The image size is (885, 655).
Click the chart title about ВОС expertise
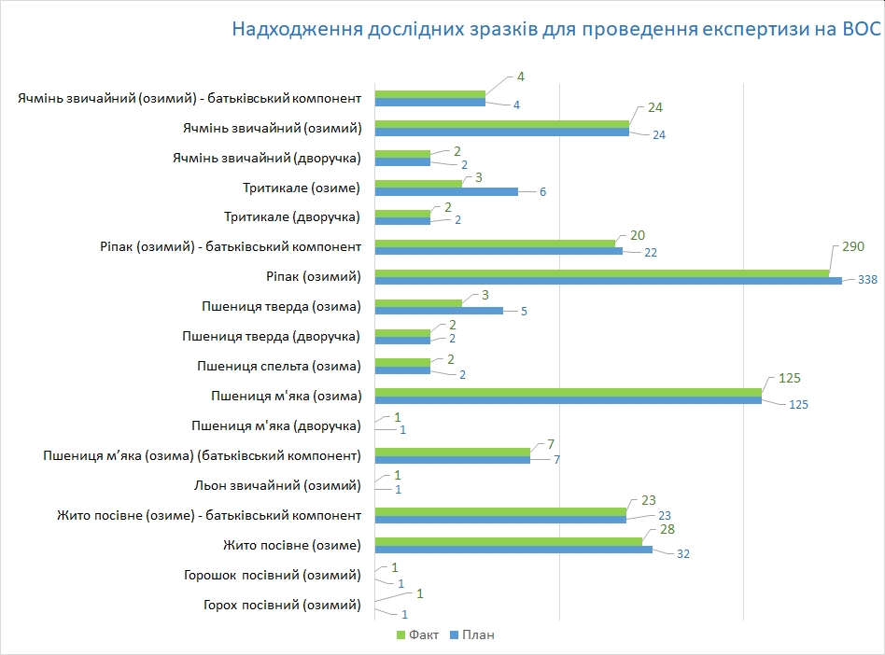555,30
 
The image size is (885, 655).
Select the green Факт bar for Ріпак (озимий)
602,272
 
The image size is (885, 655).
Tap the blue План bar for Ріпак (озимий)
608,280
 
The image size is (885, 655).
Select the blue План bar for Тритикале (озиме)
446,191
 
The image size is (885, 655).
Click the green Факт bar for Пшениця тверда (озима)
418,302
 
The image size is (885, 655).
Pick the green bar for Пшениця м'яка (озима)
568,392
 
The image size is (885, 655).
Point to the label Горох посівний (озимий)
282,605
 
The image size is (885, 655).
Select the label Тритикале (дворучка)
292,216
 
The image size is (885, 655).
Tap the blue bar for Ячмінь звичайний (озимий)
502,132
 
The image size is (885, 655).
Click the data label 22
652,252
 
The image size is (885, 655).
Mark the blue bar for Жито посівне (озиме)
513,550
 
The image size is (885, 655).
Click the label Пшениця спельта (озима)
279,366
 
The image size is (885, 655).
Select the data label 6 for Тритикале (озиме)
542,192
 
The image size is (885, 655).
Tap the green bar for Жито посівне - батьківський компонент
500,511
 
